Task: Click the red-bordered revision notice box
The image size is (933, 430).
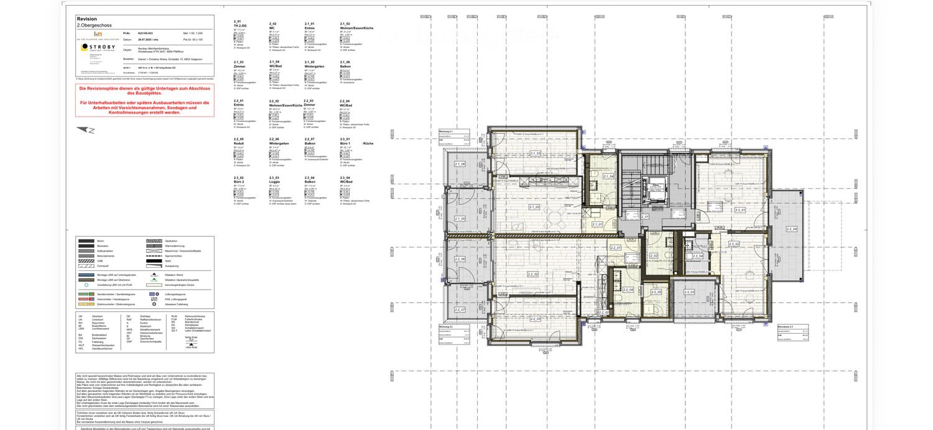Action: (144, 101)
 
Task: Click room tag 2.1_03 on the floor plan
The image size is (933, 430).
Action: (534, 153)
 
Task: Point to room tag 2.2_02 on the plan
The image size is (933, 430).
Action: (532, 274)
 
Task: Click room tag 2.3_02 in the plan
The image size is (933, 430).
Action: (735, 245)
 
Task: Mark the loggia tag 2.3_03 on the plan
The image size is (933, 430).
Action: (689, 291)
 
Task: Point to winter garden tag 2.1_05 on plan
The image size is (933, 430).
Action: (460, 219)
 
